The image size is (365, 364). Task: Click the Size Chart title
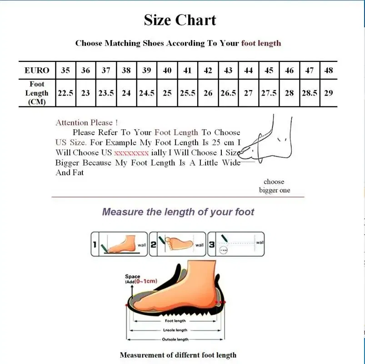point(180,20)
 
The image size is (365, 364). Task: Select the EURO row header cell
point(37,71)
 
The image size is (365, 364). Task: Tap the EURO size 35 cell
point(65,71)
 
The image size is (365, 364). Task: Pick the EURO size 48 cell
point(329,71)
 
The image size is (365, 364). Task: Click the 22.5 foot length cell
point(65,93)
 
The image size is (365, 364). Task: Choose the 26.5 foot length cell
point(228,93)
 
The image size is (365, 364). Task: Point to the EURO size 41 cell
point(187,71)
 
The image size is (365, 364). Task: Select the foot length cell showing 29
point(329,93)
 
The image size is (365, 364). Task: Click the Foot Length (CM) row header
point(37,93)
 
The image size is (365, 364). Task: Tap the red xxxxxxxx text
point(131,153)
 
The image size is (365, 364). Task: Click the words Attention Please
point(86,122)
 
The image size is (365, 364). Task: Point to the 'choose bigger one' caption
point(274,186)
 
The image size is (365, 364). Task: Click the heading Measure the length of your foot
point(178,212)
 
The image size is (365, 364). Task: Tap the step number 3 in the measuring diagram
point(212,245)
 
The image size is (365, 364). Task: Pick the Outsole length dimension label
point(175,339)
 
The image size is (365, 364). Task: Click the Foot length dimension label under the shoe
point(175,321)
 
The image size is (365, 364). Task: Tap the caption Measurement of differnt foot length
point(178,355)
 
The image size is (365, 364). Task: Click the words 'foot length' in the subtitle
point(261,43)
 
